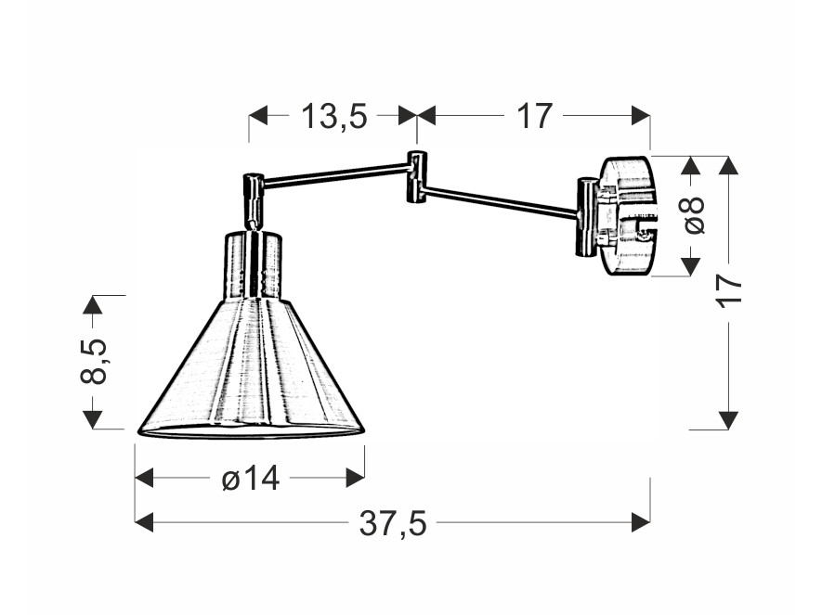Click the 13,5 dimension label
(334, 116)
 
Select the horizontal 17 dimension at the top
(535, 116)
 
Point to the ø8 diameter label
(694, 215)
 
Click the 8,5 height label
(93, 361)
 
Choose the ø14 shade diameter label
(251, 478)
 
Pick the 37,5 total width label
(393, 523)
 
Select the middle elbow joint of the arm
(417, 177)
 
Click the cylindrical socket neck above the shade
(254, 265)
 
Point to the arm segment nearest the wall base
(502, 201)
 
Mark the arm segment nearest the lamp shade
(335, 173)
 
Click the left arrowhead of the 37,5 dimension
(144, 522)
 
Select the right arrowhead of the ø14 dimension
(356, 478)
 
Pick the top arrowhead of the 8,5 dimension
(93, 304)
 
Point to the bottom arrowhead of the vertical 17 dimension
(729, 420)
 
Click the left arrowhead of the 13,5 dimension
(258, 116)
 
